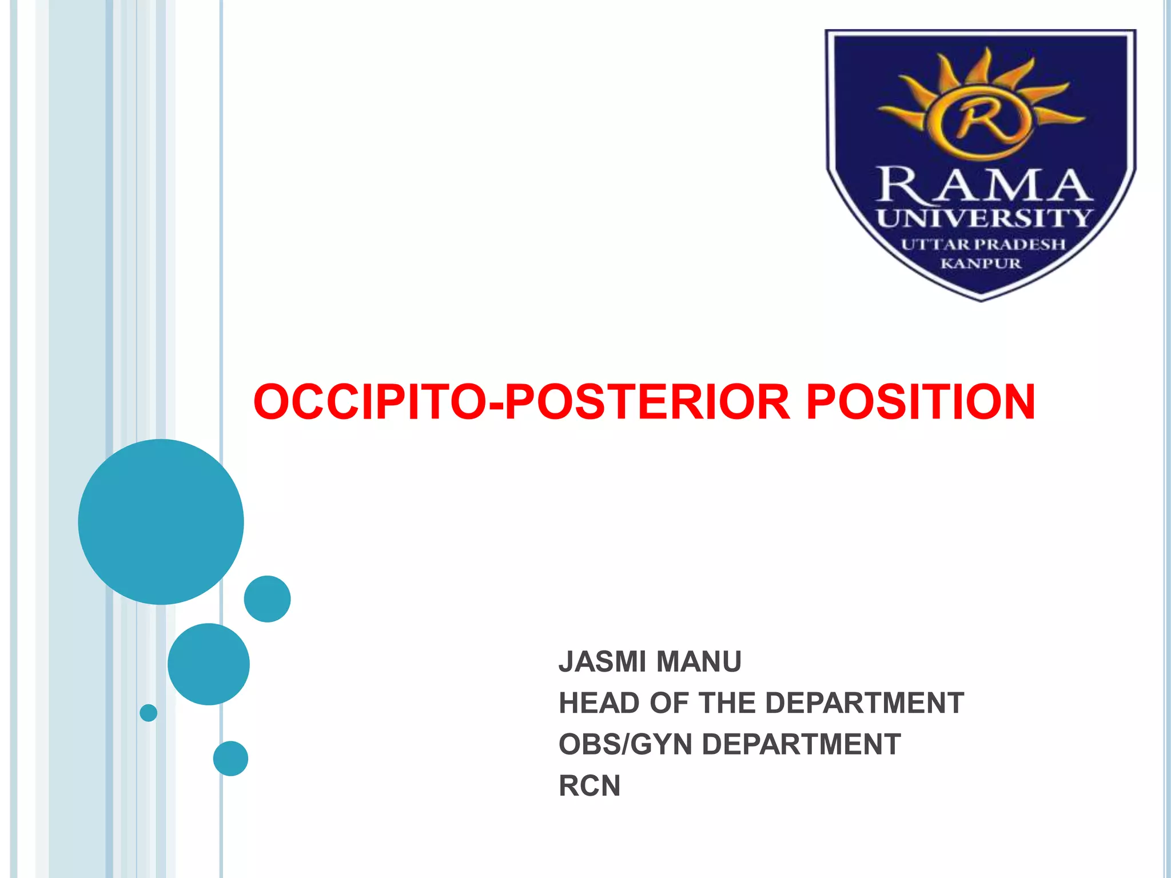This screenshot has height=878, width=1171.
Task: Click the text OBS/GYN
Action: tap(625, 744)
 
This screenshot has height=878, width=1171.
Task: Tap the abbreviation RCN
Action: tap(590, 786)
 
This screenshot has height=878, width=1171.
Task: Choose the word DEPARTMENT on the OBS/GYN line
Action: tap(801, 744)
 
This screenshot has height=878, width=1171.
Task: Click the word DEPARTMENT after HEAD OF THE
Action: tap(864, 703)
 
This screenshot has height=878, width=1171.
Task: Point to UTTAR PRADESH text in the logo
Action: tap(983, 244)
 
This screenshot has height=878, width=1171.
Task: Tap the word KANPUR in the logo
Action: tap(981, 264)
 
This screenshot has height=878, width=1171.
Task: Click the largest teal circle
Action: tap(161, 521)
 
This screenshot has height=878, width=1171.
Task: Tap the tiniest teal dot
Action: tap(148, 712)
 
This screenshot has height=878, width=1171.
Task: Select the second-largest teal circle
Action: tap(208, 664)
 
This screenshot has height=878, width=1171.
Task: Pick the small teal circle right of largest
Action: tap(267, 598)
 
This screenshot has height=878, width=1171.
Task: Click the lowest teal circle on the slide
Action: tap(230, 758)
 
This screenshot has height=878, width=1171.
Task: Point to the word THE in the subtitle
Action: tap(727, 703)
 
